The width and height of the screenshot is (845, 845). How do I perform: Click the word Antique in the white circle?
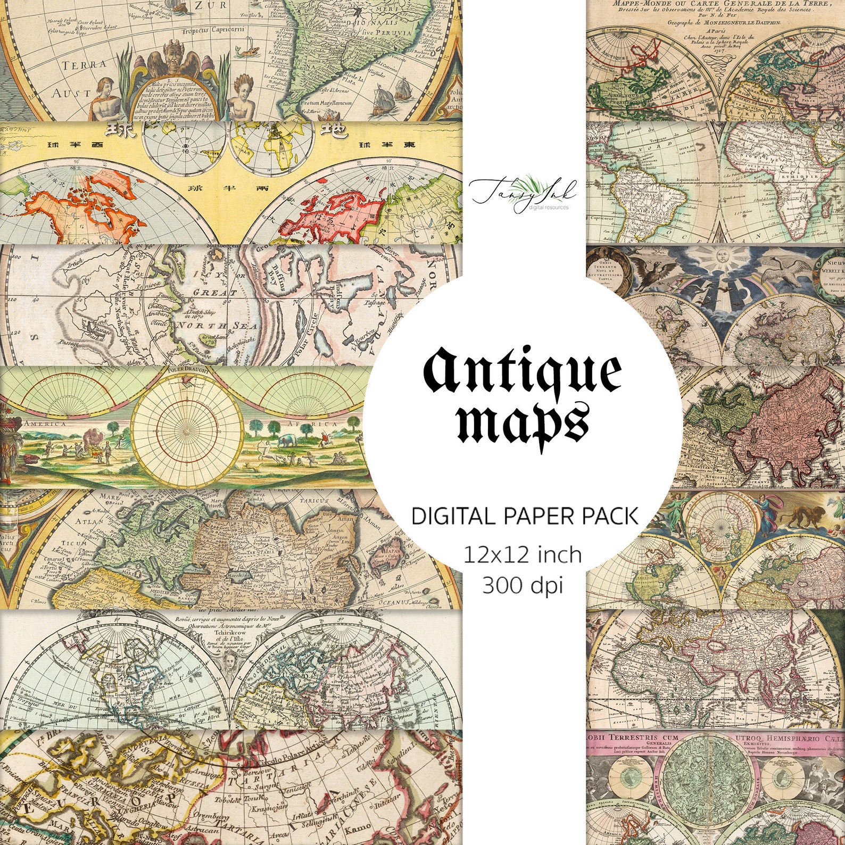point(522,371)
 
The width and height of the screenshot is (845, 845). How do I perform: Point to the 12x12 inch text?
point(523,555)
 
